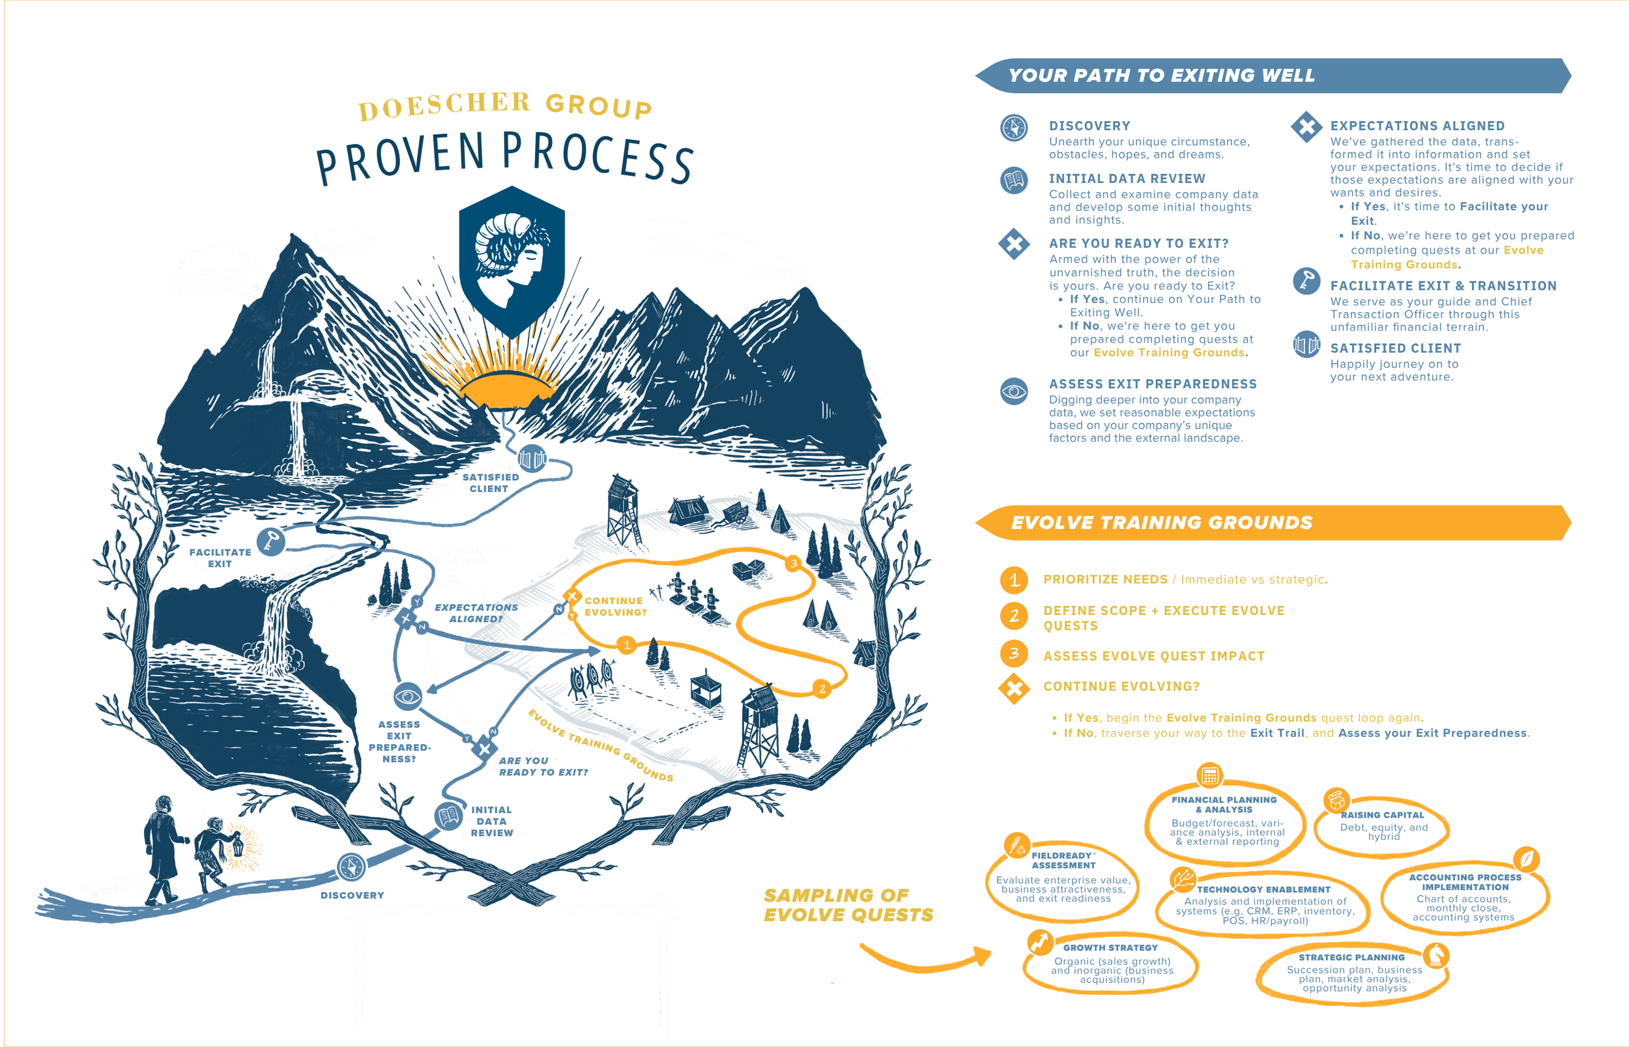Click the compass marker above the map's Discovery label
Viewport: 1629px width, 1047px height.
click(351, 867)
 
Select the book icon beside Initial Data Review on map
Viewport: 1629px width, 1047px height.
click(448, 816)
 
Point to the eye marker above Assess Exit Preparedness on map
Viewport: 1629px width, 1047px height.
click(408, 696)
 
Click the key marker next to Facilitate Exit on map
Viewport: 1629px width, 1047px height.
click(270, 542)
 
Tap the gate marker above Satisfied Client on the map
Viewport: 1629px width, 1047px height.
click(532, 459)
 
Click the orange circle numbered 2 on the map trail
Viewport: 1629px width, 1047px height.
click(822, 689)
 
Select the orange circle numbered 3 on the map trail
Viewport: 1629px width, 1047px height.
click(793, 564)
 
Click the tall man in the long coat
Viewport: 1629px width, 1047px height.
click(160, 846)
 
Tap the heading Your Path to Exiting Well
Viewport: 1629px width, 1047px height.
click(1161, 76)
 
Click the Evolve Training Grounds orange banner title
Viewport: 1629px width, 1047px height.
click(1161, 523)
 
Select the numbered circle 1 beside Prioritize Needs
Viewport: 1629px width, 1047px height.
click(1014, 580)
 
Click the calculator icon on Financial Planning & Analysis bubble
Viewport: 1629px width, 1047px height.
click(1209, 775)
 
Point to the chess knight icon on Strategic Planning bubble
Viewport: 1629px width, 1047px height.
click(1436, 955)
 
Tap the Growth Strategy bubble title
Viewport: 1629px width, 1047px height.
click(1110, 948)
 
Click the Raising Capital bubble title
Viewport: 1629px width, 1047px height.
click(1382, 815)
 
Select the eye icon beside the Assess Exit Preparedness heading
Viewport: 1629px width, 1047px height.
click(1014, 391)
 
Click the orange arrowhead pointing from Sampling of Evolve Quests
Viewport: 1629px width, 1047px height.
click(983, 955)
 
